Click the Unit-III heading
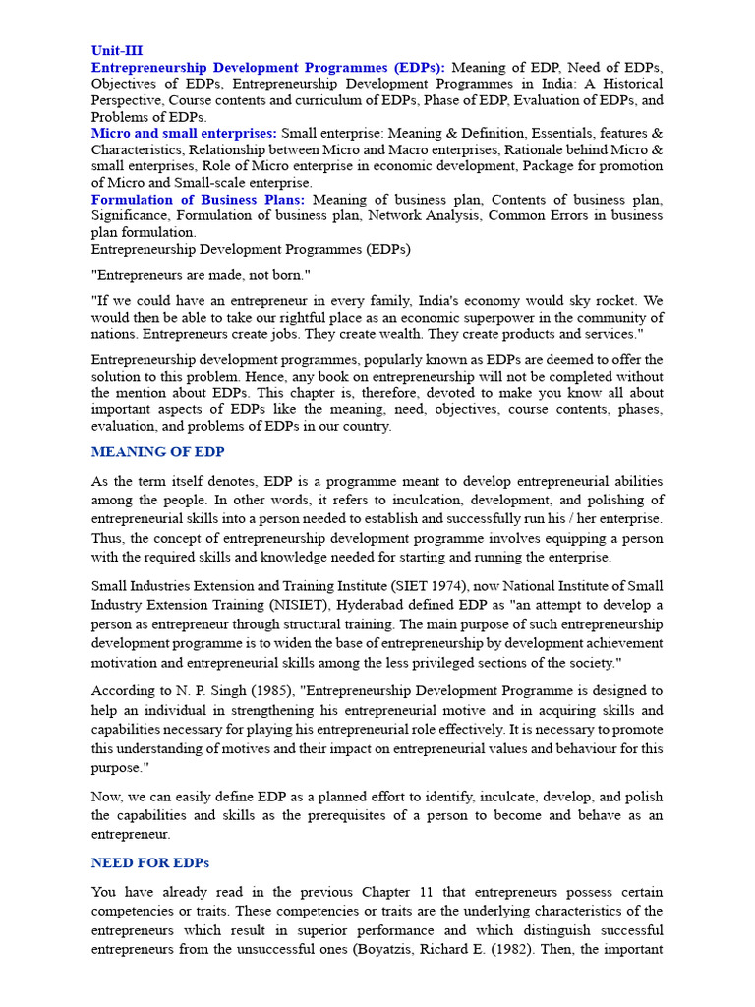click(x=117, y=50)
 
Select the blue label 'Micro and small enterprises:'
click(x=184, y=133)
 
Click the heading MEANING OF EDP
click(x=157, y=452)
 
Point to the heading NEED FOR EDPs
click(x=149, y=862)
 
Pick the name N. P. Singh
click(x=195, y=691)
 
